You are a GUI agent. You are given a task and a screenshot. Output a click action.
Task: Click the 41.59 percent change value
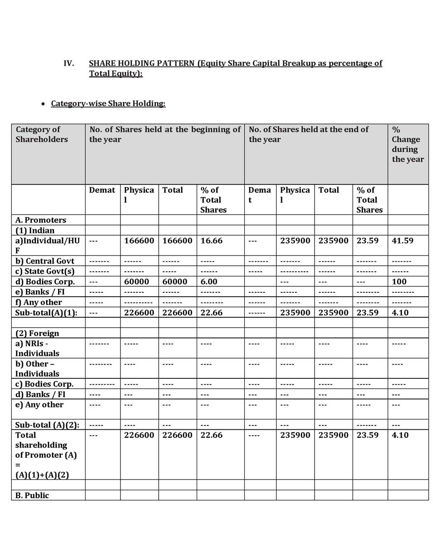click(402, 241)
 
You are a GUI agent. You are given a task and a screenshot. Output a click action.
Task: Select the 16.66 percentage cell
click(211, 241)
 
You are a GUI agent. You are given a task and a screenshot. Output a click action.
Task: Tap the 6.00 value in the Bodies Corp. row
click(209, 281)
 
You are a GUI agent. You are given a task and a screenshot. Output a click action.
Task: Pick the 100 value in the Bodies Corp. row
click(399, 281)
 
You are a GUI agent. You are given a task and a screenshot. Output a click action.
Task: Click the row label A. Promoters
click(40, 220)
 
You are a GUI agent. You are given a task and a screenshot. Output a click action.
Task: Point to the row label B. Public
click(32, 495)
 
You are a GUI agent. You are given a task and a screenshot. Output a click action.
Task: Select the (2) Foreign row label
click(37, 333)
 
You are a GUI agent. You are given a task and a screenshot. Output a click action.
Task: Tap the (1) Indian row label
click(35, 230)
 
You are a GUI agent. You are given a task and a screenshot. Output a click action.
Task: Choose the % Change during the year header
click(407, 144)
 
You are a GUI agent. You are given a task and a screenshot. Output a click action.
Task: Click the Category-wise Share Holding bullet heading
click(108, 104)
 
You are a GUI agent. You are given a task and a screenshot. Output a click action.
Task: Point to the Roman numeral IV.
click(69, 63)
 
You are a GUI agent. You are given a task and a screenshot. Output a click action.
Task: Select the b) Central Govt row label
click(45, 261)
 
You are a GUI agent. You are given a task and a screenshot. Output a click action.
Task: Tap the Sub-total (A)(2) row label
click(47, 425)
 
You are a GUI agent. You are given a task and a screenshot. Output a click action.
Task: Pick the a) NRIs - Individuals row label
click(37, 348)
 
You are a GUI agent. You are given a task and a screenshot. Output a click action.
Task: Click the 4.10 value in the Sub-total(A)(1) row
click(400, 312)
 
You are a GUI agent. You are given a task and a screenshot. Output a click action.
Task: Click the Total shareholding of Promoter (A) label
click(46, 455)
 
